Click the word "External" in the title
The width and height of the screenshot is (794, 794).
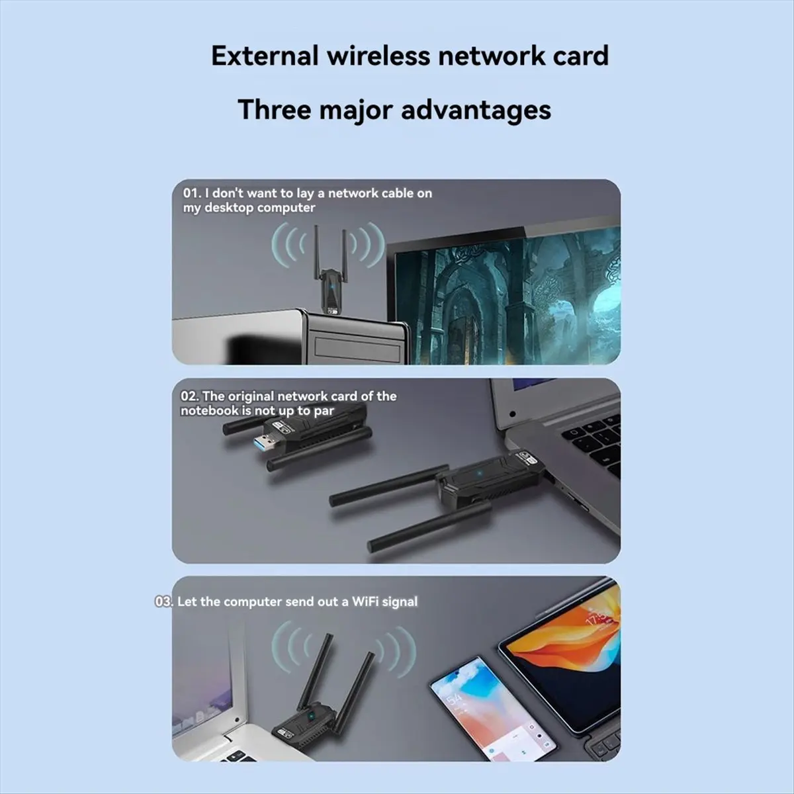pos(265,56)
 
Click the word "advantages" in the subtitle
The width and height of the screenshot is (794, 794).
pos(476,109)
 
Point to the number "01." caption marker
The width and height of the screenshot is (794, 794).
pos(192,193)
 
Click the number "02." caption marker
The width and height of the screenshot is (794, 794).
pos(189,396)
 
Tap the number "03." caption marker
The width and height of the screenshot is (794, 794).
pos(163,601)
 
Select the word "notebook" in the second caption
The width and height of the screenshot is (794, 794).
pos(209,411)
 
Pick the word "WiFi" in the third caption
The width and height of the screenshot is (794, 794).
pos(366,601)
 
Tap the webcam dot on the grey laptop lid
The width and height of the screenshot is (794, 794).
pos(512,414)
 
